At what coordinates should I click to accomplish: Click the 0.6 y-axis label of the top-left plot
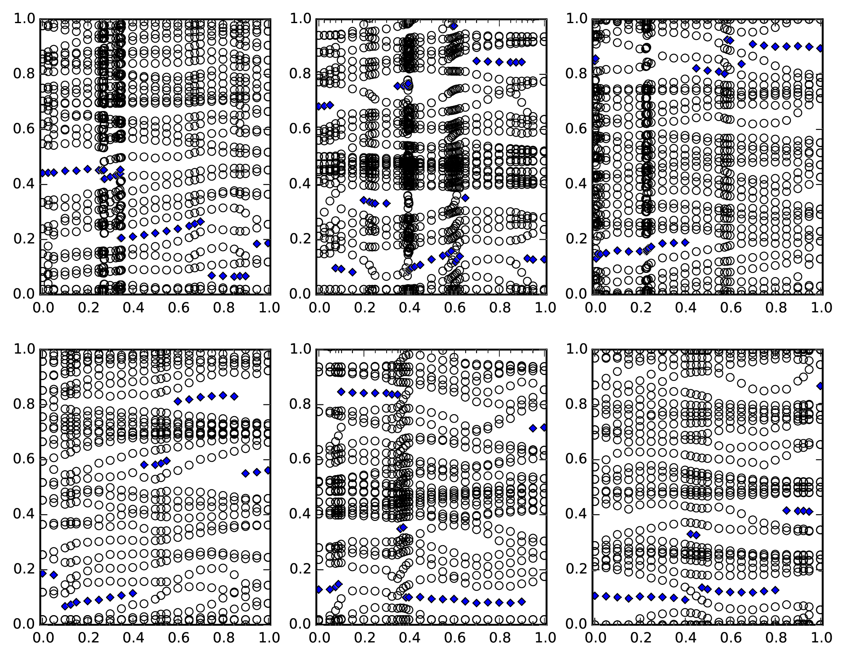click(24, 129)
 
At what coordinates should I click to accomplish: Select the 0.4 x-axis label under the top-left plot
click(133, 308)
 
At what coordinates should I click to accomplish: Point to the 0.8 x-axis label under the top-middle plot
click(499, 308)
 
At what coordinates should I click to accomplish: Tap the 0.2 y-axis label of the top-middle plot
click(300, 239)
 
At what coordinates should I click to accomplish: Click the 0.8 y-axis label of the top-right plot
click(576, 74)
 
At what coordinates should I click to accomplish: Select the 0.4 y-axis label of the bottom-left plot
click(24, 514)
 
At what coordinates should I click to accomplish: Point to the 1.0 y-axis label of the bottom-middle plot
click(300, 349)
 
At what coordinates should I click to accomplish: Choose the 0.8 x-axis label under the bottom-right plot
click(775, 638)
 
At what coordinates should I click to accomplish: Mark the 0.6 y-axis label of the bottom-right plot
click(576, 459)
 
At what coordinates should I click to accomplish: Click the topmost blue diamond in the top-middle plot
click(453, 26)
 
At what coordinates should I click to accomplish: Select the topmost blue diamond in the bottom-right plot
click(820, 386)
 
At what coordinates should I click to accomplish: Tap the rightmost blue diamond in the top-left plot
click(268, 243)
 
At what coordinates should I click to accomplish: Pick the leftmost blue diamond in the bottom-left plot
click(42, 573)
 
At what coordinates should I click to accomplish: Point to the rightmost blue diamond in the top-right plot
click(820, 48)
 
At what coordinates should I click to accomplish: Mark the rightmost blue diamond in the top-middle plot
click(544, 259)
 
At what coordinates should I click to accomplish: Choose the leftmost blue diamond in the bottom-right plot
click(595, 595)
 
